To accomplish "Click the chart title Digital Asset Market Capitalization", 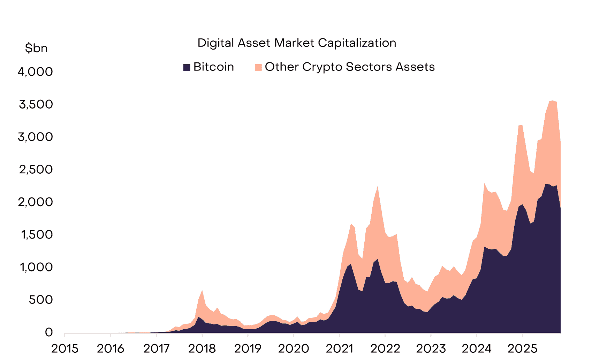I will tap(297, 43).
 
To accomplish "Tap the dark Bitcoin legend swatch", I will tap(187, 67).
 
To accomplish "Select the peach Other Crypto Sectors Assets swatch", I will tap(258, 67).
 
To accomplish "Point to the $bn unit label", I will tap(36, 48).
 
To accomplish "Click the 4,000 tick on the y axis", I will tap(35, 72).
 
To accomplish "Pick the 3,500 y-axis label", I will tap(36, 104).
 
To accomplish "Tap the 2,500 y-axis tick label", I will tap(36, 170).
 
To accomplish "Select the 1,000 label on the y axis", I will tap(36, 267).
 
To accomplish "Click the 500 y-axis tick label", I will tap(40, 300).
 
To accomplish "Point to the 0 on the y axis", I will tap(49, 332).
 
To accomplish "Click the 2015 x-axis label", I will tap(65, 348).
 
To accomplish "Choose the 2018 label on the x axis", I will tap(202, 348).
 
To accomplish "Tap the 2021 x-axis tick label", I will tap(339, 348).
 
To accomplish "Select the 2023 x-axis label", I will tap(431, 348).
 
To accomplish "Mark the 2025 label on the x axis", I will tap(522, 348).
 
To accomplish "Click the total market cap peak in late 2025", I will tap(553, 101).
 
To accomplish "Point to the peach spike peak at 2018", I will tap(202, 291).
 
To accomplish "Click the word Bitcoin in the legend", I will tap(213, 67).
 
